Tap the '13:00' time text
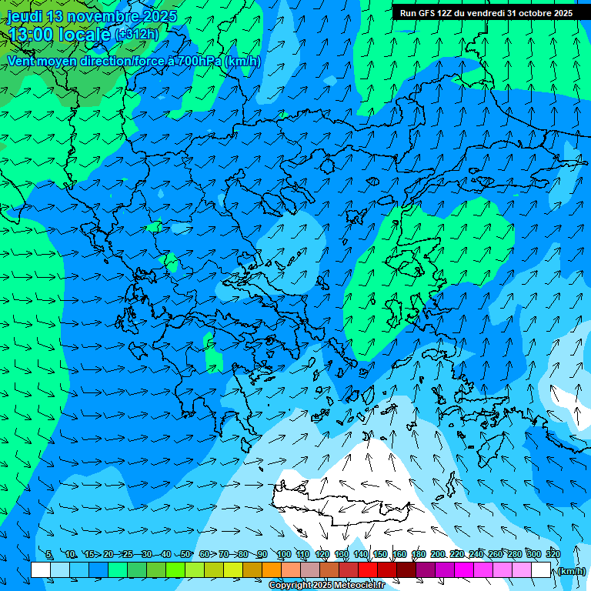coord(31,35)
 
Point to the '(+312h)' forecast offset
coord(138,35)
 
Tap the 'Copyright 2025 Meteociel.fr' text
coord(326,586)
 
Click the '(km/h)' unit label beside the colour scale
coord(572,571)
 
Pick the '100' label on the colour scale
coord(283,554)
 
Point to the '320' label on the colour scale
coord(553,554)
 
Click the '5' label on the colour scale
coord(49,554)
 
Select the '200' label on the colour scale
coord(437,554)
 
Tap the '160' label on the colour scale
coord(399,554)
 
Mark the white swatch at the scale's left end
coord(41,570)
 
